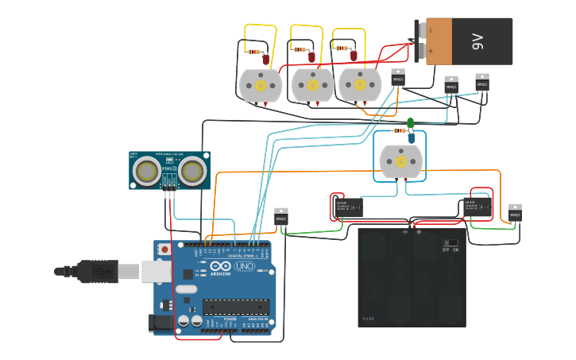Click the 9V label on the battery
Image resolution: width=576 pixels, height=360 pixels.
point(477,41)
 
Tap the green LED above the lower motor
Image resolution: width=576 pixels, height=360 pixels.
point(410,122)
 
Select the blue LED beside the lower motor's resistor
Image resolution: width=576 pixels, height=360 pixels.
point(412,137)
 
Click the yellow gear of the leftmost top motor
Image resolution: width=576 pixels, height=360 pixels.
point(261,84)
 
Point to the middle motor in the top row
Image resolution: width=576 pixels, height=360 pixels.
point(313,85)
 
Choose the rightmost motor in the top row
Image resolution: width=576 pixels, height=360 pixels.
point(360,85)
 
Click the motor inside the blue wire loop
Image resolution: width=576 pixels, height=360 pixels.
point(400,161)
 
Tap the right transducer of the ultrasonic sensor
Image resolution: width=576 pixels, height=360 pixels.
point(192,170)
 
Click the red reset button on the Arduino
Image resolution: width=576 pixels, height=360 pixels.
point(164,250)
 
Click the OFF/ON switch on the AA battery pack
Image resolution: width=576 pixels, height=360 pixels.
point(450,242)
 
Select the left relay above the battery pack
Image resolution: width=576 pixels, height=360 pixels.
point(348,207)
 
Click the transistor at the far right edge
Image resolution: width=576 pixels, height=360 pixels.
point(515,213)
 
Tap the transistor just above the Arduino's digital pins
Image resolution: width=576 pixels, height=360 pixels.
point(280,217)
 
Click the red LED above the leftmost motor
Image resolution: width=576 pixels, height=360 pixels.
point(266,59)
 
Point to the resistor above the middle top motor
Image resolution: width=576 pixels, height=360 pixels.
point(300,49)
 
